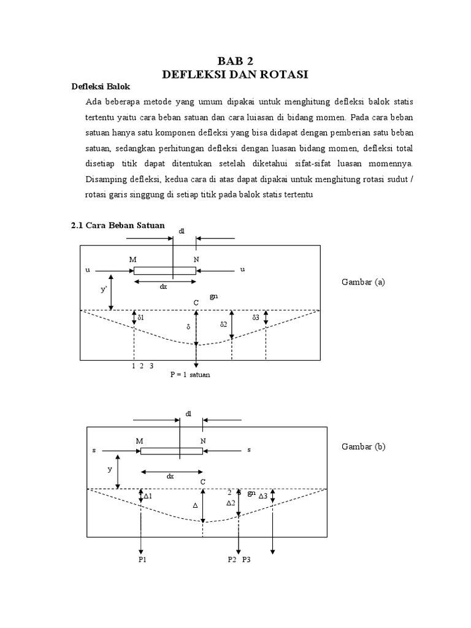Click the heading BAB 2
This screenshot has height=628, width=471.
[235, 61]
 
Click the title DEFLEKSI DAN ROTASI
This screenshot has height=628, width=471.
[235, 75]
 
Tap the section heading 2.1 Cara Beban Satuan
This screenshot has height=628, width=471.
[118, 225]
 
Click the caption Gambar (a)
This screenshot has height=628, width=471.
[362, 282]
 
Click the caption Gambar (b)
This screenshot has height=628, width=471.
[363, 446]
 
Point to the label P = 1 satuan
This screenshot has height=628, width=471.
[190, 374]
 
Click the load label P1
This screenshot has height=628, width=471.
[142, 560]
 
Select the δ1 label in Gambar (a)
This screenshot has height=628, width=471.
[140, 318]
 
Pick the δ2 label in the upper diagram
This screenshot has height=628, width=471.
[225, 323]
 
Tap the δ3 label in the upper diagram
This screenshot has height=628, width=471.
[256, 318]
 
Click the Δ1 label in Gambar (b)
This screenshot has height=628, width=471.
[147, 496]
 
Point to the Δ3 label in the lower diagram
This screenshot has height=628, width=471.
[262, 496]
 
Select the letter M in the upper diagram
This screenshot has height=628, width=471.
[132, 259]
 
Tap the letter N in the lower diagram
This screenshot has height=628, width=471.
[202, 440]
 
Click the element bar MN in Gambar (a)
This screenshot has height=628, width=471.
[164, 270]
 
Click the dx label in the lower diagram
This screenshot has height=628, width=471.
[170, 476]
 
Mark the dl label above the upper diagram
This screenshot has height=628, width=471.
[182, 231]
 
